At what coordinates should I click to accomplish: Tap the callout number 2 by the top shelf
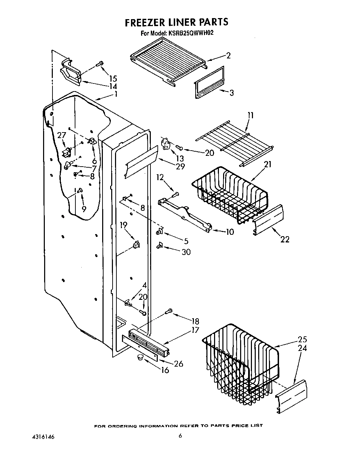[x=228, y=56]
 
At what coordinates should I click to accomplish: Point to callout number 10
[x=230, y=232]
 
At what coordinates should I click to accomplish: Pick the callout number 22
[x=285, y=239]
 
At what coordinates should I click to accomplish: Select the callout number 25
[x=302, y=339]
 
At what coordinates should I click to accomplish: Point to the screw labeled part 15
[x=100, y=64]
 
